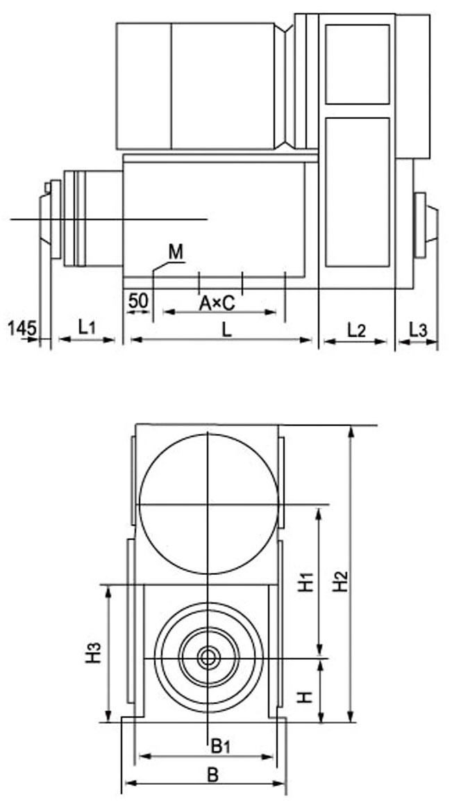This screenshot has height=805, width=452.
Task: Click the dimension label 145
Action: [x=22, y=327]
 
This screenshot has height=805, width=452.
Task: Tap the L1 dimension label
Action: [x=86, y=326]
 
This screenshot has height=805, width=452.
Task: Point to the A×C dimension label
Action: [x=217, y=303]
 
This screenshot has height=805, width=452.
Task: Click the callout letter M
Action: [x=176, y=252]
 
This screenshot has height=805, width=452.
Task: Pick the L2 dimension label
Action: [x=355, y=330]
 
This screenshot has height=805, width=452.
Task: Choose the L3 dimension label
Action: [x=418, y=330]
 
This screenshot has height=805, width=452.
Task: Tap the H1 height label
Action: [x=306, y=580]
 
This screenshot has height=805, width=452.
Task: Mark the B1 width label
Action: [x=221, y=747]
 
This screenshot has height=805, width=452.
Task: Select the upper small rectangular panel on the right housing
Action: [x=357, y=64]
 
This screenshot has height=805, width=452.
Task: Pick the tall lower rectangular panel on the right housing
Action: [x=357, y=192]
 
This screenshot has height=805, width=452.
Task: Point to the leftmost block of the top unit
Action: [x=143, y=85]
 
